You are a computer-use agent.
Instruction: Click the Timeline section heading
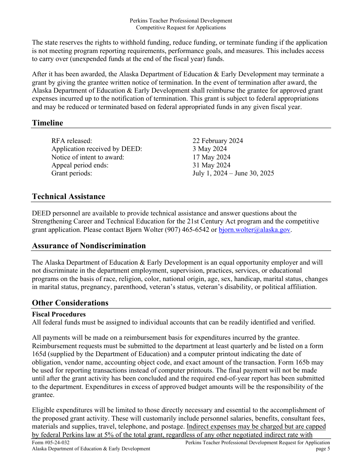coord(48,123)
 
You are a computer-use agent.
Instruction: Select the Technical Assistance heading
coord(69,196)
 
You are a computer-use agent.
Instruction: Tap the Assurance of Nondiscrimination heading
coord(89,246)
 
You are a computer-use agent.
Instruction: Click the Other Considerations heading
coord(70,303)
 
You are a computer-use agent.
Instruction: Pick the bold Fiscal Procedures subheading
coord(59,314)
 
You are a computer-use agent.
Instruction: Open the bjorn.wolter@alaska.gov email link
coord(254,230)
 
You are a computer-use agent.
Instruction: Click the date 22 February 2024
coord(218,141)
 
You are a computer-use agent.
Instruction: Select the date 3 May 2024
coord(210,149)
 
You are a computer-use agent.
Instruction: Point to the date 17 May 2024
coord(211,157)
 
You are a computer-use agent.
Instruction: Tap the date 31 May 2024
coord(211,165)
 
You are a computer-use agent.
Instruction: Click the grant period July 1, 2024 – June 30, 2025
coord(233,173)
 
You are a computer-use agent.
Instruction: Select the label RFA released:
coord(72,141)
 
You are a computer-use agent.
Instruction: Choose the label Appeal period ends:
coord(80,165)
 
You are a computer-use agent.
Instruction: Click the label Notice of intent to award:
coord(88,157)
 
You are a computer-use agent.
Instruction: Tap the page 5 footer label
coord(323,449)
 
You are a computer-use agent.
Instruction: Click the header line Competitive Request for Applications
coord(181,27)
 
